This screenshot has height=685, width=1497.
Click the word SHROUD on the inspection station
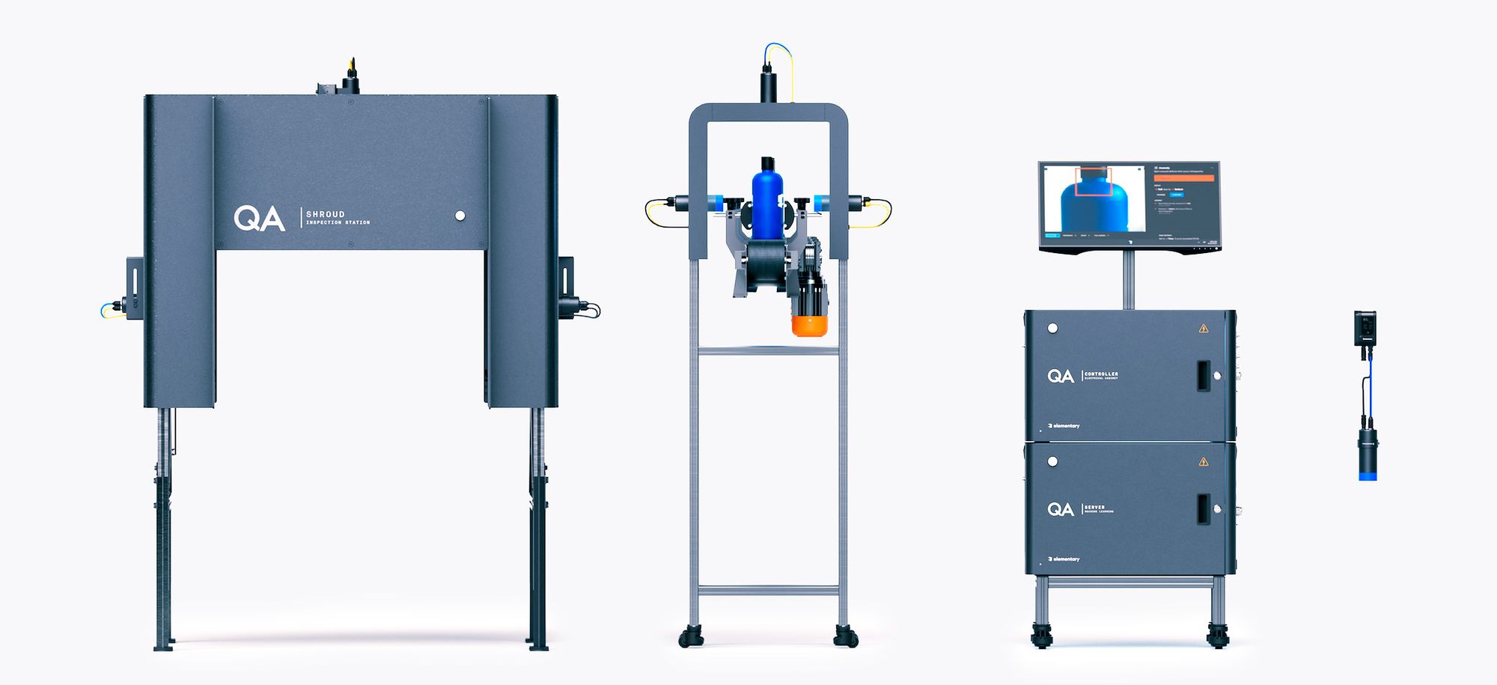pyautogui.click(x=325, y=214)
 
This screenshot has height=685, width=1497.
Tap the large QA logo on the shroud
pyautogui.click(x=259, y=219)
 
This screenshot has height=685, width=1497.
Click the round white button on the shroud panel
pyautogui.click(x=460, y=216)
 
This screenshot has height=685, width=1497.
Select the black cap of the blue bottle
pyautogui.click(x=767, y=164)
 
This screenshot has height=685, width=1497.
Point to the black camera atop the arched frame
pyautogui.click(x=769, y=85)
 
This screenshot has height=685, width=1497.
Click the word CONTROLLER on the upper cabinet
pyautogui.click(x=1101, y=373)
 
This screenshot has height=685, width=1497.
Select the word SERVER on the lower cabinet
pyautogui.click(x=1094, y=507)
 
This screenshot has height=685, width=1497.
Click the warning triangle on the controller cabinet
pyautogui.click(x=1204, y=328)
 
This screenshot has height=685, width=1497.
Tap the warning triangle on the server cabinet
pyautogui.click(x=1204, y=461)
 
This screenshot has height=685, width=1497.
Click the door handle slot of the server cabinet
pyautogui.click(x=1203, y=509)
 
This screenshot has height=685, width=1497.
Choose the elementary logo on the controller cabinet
pyautogui.click(x=1064, y=426)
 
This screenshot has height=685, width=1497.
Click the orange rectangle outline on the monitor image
pyautogui.click(x=1094, y=182)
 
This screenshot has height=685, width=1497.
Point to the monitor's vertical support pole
pyautogui.click(x=1128, y=280)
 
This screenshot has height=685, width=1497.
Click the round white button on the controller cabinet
pyautogui.click(x=1052, y=328)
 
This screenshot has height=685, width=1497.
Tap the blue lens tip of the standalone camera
pyautogui.click(x=1368, y=475)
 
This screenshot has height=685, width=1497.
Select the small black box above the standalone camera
pyautogui.click(x=1365, y=328)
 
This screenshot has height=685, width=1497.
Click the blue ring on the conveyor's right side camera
pyautogui.click(x=822, y=202)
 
